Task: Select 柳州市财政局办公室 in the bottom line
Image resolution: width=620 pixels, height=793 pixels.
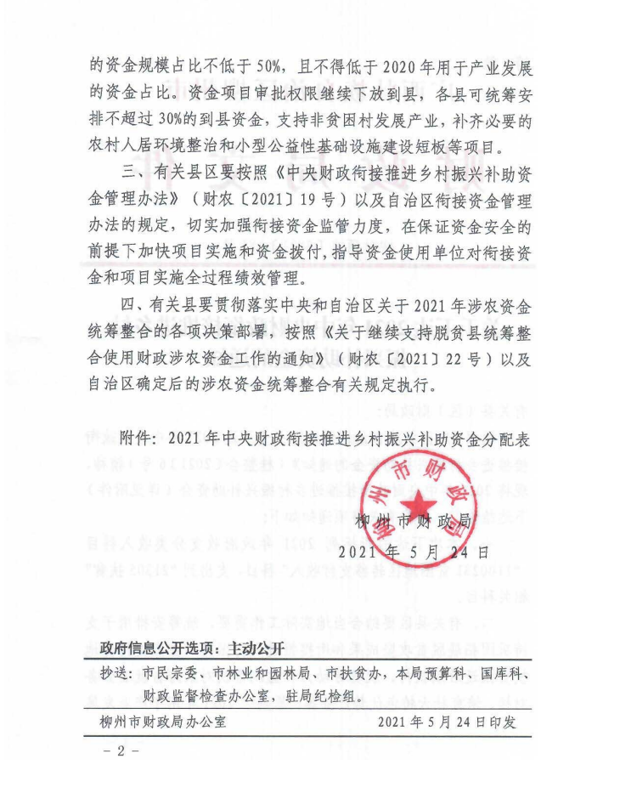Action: click(x=161, y=723)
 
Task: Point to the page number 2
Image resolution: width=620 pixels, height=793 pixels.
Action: click(x=120, y=752)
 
